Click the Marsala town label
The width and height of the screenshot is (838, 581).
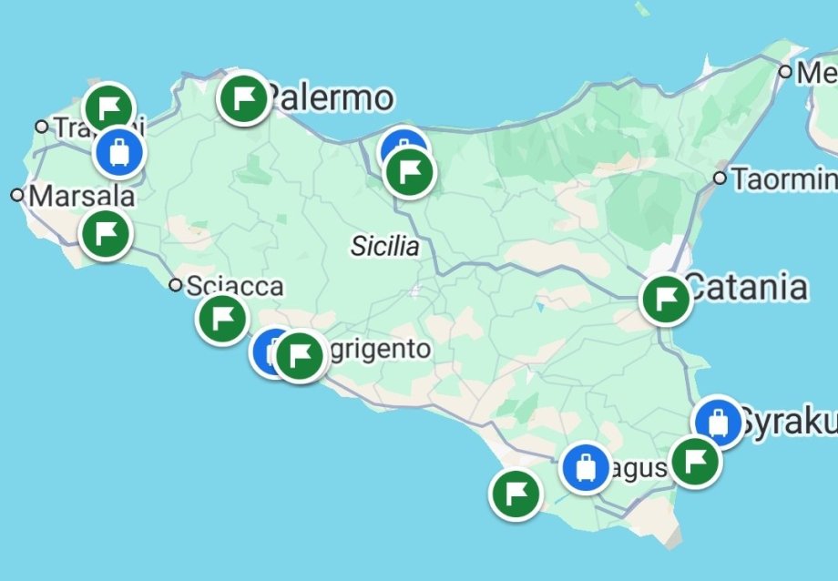(x=81, y=197)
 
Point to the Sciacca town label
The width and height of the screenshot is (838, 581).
(x=234, y=287)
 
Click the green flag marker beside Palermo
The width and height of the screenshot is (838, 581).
(x=243, y=97)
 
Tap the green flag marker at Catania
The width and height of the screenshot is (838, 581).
(x=666, y=299)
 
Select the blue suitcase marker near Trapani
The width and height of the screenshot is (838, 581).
(x=118, y=150)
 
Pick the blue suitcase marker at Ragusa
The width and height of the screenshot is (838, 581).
(x=586, y=467)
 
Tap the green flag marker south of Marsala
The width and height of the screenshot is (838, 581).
(x=106, y=233)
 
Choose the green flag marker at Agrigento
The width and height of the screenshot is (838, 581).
(x=301, y=355)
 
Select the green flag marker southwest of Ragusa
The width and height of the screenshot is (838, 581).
(x=516, y=494)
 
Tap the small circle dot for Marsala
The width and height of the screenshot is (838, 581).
(x=16, y=195)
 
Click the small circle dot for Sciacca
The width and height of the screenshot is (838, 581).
(x=176, y=286)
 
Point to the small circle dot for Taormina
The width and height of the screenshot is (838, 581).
(x=720, y=178)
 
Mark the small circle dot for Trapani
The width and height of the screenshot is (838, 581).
(x=41, y=126)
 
